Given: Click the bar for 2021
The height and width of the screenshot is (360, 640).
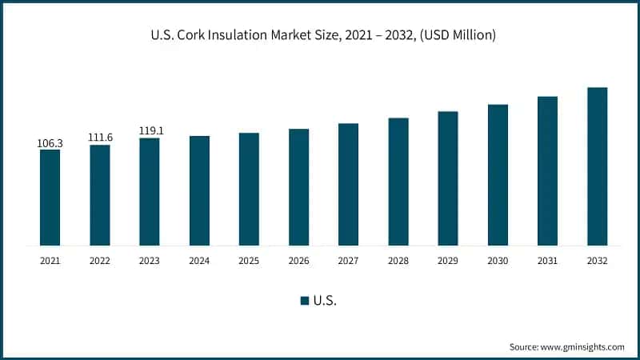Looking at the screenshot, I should [x=50, y=197].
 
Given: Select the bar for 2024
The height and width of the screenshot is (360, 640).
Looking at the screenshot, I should [x=199, y=190].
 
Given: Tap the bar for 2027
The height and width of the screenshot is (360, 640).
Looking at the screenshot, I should [x=348, y=184].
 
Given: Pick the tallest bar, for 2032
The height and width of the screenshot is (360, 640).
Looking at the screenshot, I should [x=597, y=166].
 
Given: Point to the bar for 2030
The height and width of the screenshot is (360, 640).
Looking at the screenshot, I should [x=498, y=174].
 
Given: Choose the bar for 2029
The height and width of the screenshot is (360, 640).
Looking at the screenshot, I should [x=448, y=178].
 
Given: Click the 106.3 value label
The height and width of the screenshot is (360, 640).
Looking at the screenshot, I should [x=50, y=143].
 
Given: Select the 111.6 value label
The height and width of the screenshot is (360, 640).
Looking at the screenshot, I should [x=100, y=138].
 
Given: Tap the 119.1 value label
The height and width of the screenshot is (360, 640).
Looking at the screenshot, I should [x=150, y=130].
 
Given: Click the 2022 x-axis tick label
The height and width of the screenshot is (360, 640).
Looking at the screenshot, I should [x=100, y=261].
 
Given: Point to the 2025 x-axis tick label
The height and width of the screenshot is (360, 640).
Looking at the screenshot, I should [x=249, y=261].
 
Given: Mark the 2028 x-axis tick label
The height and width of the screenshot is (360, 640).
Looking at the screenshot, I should [x=398, y=261].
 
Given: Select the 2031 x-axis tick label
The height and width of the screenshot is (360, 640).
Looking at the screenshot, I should [x=547, y=261].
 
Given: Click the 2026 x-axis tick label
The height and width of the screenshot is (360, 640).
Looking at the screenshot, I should [x=298, y=261].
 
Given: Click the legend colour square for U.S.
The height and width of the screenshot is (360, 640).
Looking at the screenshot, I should [x=305, y=301].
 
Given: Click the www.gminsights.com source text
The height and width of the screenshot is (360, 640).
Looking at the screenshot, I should [x=582, y=346].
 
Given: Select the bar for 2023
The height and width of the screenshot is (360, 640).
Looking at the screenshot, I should [x=150, y=191].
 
